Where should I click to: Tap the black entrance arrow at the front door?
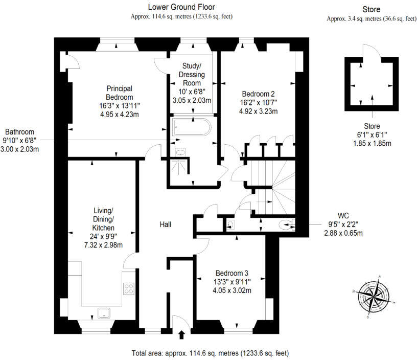tap(181, 335)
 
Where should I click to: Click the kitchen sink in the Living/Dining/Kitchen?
tap(105, 312)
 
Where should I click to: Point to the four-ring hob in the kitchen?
tap(128, 288)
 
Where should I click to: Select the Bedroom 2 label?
tap(258, 94)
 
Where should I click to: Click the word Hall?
tap(165, 224)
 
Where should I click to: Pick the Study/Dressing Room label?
tap(193, 74)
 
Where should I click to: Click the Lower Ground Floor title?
tap(181, 7)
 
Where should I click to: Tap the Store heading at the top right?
tap(372, 9)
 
